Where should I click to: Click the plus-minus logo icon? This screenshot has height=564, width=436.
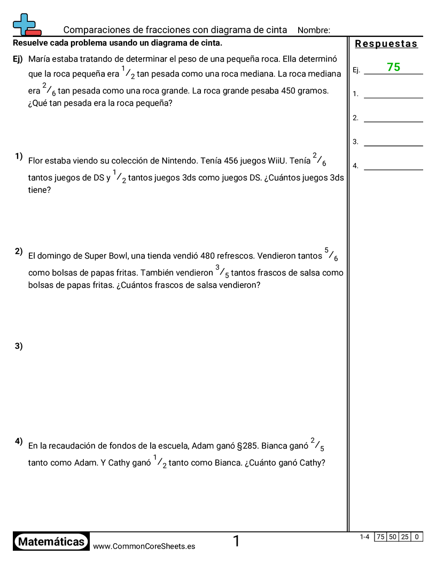click(26, 25)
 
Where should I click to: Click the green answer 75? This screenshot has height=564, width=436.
click(394, 67)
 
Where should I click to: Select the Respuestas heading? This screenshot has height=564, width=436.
click(386, 44)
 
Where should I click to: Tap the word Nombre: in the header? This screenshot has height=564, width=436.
click(314, 30)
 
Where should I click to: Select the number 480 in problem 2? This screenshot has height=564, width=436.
click(207, 256)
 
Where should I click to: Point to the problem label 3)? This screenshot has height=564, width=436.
click(19, 346)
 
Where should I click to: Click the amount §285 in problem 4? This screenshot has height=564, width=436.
click(247, 445)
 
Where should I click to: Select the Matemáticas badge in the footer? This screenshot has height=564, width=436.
click(51, 542)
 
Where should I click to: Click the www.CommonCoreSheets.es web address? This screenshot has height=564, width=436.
click(144, 546)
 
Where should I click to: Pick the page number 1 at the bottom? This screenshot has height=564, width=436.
click(236, 542)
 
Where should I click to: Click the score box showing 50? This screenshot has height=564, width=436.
click(393, 537)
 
